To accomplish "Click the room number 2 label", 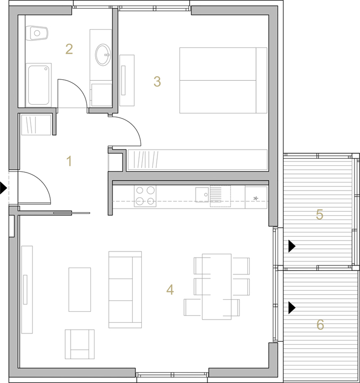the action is (x=69, y=49).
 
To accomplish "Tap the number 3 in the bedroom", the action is (x=157, y=81).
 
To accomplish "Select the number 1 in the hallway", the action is (x=69, y=161).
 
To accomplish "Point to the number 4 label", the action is (x=170, y=290).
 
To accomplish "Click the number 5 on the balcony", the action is (x=319, y=214).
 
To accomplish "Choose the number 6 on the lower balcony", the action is (x=320, y=324).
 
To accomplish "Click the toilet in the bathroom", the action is (x=37, y=33).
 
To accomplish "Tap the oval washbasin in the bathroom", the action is (x=103, y=55).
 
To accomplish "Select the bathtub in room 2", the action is (x=39, y=85).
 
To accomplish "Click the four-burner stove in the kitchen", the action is (x=145, y=196).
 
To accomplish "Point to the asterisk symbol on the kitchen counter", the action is (x=256, y=198).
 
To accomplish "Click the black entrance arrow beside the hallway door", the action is (x=3, y=188).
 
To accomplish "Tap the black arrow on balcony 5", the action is (x=292, y=246).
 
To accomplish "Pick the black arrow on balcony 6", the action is (x=292, y=308).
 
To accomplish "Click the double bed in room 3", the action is (x=223, y=80).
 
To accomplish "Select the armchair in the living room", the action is (x=80, y=344).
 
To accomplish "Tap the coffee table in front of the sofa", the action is (x=80, y=290).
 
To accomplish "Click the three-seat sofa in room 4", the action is (x=125, y=290).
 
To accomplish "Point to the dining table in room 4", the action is (x=217, y=287).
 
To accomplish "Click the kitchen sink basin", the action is (x=202, y=195).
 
